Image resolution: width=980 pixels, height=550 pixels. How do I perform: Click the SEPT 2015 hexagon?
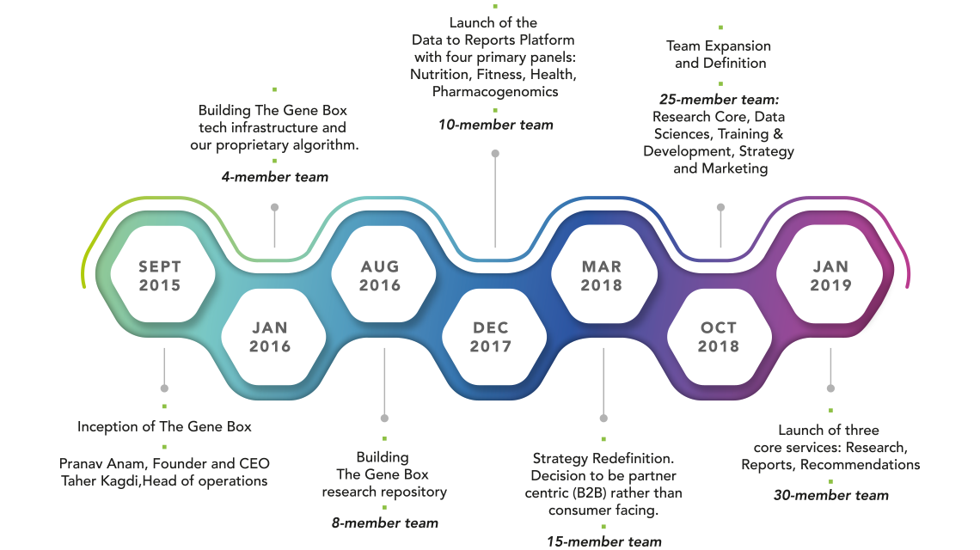(162, 274)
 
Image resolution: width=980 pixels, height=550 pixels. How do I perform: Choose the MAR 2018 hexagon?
(604, 274)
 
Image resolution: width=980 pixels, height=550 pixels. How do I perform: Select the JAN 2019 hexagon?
(830, 274)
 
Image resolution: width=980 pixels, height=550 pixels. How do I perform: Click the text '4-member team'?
(275, 177)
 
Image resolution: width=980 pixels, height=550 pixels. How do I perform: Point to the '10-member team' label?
(496, 125)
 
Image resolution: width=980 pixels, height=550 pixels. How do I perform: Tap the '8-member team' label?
(385, 523)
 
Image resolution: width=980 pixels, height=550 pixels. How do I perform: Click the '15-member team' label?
(604, 541)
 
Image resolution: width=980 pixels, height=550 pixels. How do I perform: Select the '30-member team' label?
(831, 495)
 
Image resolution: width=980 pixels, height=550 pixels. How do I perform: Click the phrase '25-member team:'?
(720, 100)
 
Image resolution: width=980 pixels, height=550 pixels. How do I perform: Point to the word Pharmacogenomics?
(496, 92)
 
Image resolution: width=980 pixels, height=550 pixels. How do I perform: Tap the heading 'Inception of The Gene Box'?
(164, 427)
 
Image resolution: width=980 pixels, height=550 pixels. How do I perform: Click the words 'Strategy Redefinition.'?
(603, 459)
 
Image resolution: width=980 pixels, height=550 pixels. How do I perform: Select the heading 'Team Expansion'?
(719, 46)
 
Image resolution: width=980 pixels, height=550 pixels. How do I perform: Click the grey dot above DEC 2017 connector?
(495, 153)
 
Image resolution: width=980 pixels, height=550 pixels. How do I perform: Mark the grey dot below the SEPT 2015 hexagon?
(164, 388)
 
